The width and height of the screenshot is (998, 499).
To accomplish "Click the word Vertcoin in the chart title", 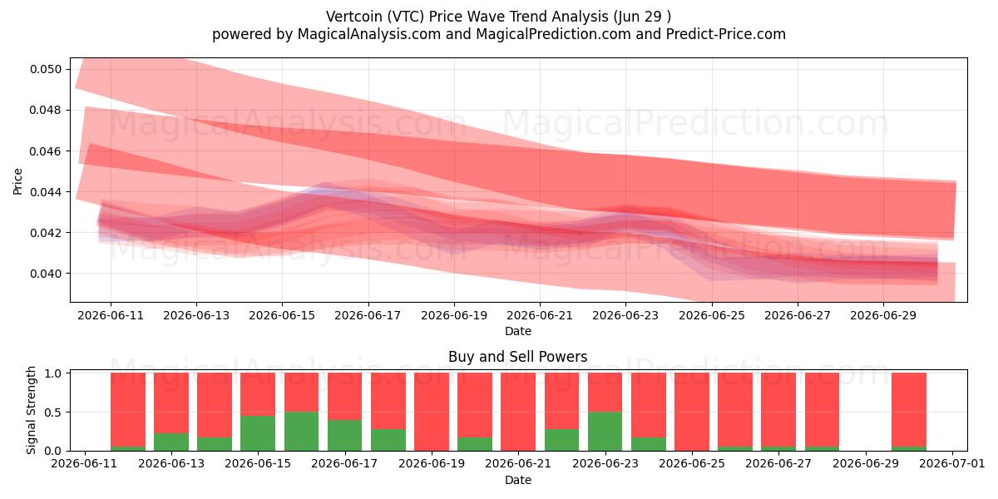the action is click(354, 17).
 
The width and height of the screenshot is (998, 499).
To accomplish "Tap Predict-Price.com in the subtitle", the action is click(725, 34).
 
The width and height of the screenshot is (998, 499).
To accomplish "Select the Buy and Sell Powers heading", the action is click(517, 357).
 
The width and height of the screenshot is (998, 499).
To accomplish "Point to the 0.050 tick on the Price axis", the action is click(46, 70).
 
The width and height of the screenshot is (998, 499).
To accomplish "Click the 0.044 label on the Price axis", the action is click(46, 192).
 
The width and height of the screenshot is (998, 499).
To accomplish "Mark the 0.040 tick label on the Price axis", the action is click(46, 274).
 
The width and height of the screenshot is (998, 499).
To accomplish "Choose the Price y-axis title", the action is click(17, 181).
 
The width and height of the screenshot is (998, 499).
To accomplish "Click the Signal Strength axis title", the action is click(31, 410).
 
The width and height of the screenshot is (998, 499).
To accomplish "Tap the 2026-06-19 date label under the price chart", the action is click(454, 315).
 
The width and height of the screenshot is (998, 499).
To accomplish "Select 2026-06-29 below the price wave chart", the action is click(883, 315).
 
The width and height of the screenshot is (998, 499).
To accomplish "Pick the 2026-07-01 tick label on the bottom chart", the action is click(952, 463).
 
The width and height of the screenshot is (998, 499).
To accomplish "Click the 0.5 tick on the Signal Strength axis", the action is click(53, 413).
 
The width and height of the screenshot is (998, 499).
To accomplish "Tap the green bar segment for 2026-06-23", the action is click(605, 432).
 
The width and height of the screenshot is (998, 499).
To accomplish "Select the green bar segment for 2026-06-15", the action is click(258, 433).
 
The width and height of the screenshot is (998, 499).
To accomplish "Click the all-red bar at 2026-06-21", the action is click(518, 412).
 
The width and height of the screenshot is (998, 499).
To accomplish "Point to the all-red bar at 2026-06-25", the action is click(691, 412).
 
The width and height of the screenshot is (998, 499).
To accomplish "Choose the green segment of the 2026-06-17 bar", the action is click(345, 435).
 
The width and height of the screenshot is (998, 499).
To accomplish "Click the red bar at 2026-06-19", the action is click(432, 412).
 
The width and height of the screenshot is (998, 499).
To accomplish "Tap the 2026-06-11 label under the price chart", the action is click(111, 315).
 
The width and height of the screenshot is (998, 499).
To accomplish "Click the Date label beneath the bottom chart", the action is click(517, 480).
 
